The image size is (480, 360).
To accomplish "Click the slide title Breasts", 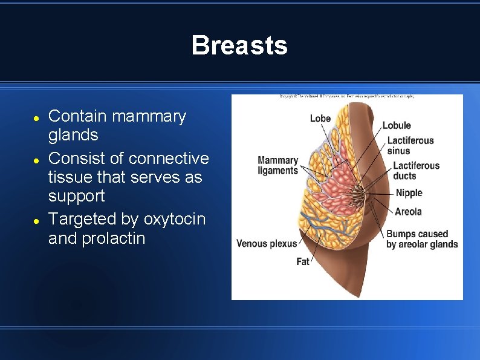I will (239, 45).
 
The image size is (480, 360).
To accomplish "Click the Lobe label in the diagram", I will (320, 118).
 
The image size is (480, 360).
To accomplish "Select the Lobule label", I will (397, 125).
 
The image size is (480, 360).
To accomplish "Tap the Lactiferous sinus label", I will (410, 146).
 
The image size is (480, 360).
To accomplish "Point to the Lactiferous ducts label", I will (416, 171).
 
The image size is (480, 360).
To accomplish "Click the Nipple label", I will (409, 193).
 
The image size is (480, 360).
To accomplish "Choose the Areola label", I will (408, 212).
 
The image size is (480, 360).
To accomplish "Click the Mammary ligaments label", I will (277, 165).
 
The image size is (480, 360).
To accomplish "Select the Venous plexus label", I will (267, 244).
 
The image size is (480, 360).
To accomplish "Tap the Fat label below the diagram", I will (303, 261).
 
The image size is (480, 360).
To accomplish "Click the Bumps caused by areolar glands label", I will (421, 239).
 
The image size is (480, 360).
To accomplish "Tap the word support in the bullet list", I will (76, 196).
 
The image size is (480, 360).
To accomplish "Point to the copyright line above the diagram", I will (346, 96).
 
